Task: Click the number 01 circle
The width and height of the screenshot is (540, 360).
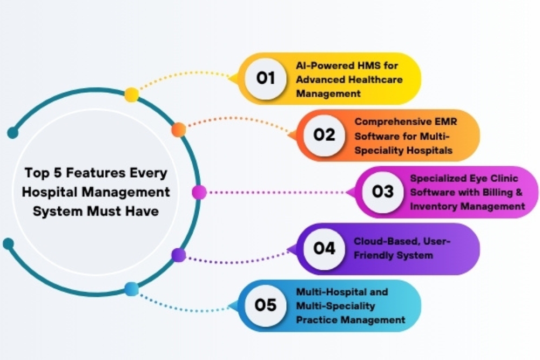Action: pos(266,78)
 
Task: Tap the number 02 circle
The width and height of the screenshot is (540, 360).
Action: pos(324,135)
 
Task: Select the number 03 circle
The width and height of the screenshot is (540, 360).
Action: pos(383,192)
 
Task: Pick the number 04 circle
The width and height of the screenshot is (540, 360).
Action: pos(324,248)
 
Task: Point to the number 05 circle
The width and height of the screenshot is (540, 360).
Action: pos(266,305)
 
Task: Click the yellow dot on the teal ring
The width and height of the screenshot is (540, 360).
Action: pos(131,94)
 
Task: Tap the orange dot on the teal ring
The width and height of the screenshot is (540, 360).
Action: pos(179,130)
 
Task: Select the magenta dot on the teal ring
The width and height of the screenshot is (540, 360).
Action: pos(199,192)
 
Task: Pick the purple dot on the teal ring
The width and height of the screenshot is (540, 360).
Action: pos(179,255)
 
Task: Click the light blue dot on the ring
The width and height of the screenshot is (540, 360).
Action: pos(131,289)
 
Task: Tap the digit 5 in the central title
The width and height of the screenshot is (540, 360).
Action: pos(58,173)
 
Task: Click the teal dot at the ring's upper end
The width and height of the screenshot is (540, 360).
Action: pos(13,133)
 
